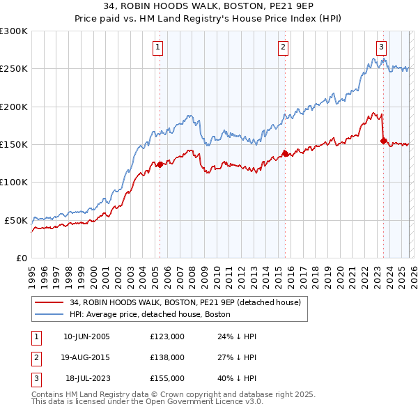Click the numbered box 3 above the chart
pos(382,47)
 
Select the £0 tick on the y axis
pos(21,258)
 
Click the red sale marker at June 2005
pos(160,164)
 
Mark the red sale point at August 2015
pos(285,153)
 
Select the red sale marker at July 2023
pos(383,141)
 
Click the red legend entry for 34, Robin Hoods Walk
pos(185,302)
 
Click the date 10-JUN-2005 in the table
pos(86,336)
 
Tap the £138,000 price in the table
pos(167,357)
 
